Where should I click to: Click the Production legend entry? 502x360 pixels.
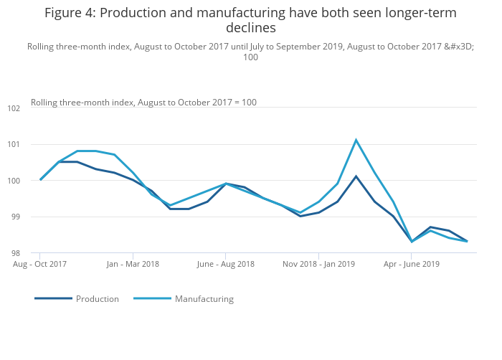pos(97,299)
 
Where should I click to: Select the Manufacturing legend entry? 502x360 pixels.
pos(204,299)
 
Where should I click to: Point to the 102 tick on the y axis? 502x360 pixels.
pos(14,108)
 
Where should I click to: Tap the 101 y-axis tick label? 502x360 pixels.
pos(14,145)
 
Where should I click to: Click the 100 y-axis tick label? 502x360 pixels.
pos(14,181)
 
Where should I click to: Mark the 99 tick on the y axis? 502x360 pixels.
pos(15,217)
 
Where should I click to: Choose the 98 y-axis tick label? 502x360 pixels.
pos(15,253)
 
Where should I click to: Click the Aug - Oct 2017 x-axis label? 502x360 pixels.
pos(40,264)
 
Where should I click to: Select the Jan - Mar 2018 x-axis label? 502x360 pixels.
pos(133,264)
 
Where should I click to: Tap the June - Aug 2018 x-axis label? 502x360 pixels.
pos(225,264)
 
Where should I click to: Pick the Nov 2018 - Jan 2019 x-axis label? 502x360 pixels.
pos(318,264)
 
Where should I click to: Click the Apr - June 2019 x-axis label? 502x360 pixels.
pos(412,264)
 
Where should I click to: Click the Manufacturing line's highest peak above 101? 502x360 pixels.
pos(356,140)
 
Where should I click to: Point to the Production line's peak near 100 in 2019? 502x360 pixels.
pos(356,176)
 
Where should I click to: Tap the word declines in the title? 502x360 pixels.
pos(250,29)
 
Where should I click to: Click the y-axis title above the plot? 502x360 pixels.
pos(143,103)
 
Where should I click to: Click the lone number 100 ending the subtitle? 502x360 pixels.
pos(250,57)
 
